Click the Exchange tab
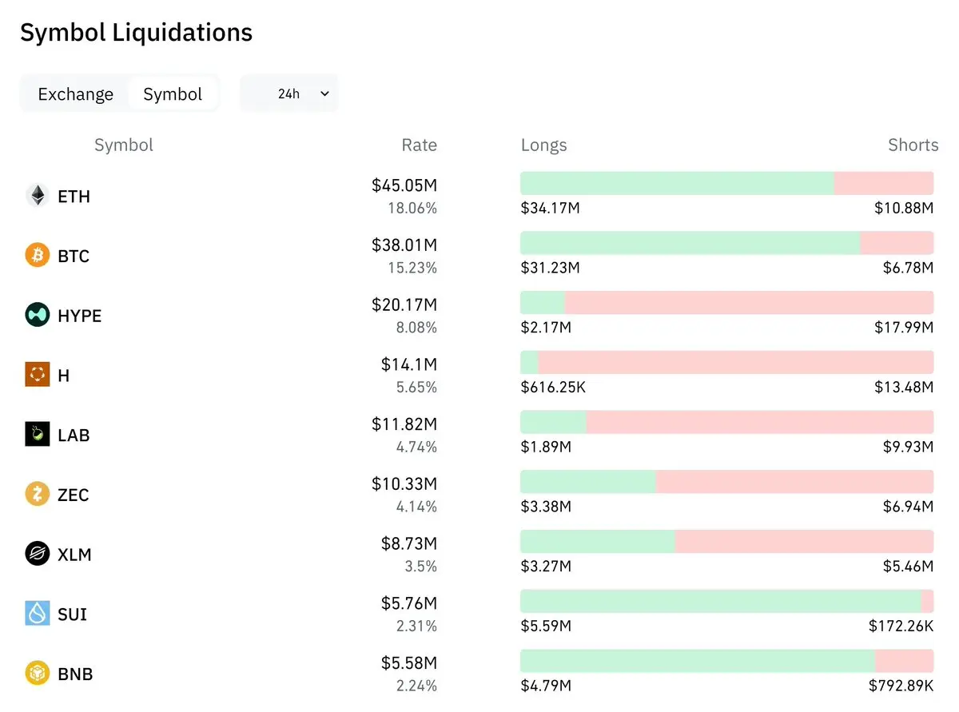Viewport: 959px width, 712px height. click(x=76, y=93)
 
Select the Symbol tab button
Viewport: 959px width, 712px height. click(x=173, y=93)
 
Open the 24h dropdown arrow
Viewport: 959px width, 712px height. click(x=324, y=93)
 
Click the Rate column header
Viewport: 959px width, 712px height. click(x=419, y=145)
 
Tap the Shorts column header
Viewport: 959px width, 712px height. click(x=913, y=145)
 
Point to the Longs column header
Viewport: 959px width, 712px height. click(x=543, y=145)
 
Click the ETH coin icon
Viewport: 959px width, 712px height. click(x=38, y=196)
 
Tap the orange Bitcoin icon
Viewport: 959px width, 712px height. click(x=38, y=255)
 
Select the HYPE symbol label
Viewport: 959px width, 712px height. click(x=80, y=316)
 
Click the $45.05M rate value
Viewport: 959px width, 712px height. click(x=404, y=185)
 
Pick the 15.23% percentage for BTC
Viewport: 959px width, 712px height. click(x=412, y=268)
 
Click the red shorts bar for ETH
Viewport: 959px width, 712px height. click(x=884, y=183)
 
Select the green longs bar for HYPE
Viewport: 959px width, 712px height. click(x=543, y=302)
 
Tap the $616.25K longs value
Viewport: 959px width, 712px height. click(x=553, y=387)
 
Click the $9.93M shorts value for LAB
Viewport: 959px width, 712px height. click(x=908, y=447)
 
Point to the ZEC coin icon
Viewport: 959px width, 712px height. click(x=38, y=494)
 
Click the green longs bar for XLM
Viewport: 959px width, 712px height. click(x=598, y=541)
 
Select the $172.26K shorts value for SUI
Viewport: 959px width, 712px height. click(x=901, y=626)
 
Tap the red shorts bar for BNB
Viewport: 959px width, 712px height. click(x=905, y=661)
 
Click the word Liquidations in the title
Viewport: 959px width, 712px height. click(x=182, y=33)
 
